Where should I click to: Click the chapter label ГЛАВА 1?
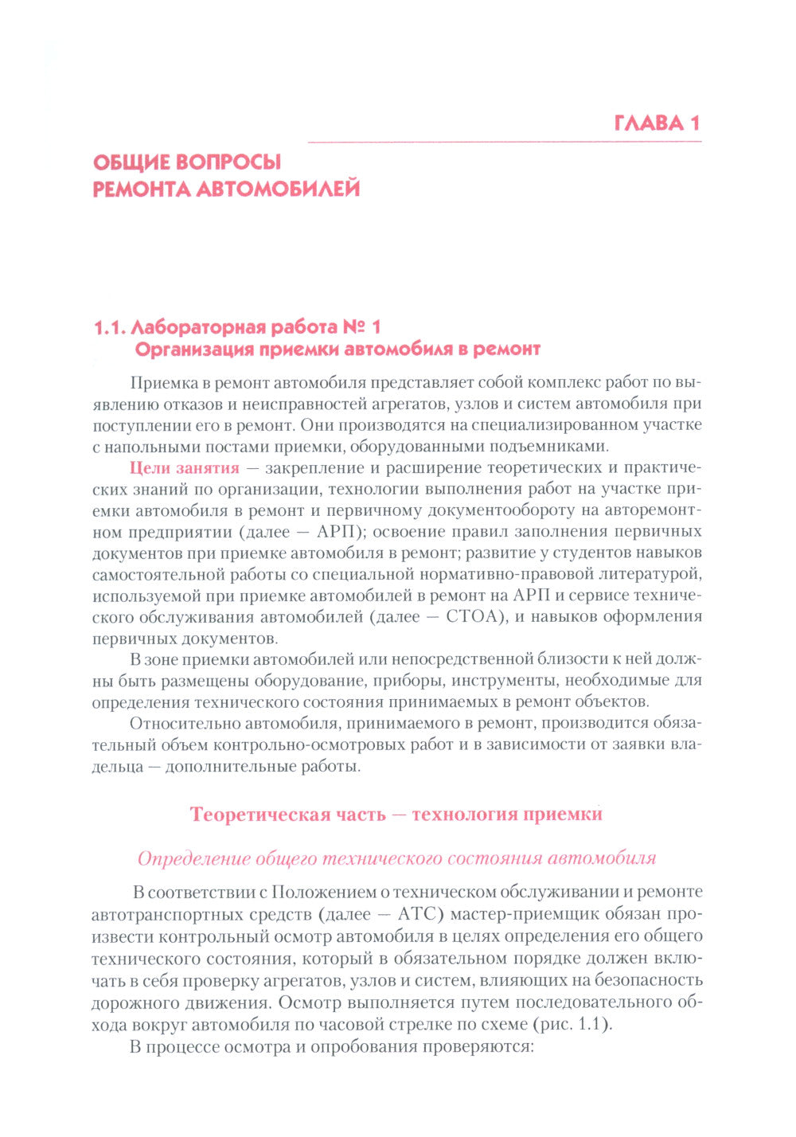point(657,123)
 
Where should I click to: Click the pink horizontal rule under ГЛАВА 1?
point(504,142)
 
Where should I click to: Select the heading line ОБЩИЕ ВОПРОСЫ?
point(187,162)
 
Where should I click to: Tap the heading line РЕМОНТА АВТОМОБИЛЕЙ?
point(226,189)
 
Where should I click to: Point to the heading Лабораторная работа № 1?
point(237,327)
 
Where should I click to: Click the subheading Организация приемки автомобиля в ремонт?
point(338,349)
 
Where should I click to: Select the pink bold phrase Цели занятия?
point(184,468)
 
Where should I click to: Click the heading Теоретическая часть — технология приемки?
point(396,815)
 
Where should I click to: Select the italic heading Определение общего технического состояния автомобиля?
point(396,858)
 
